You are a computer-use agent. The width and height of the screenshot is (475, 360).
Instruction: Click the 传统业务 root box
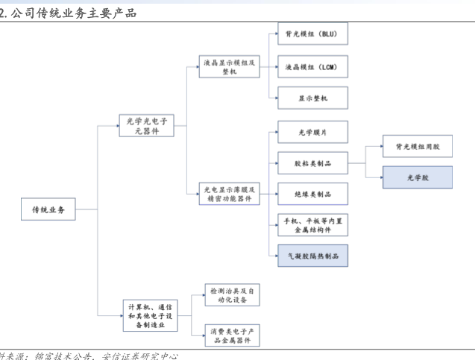click(48, 210)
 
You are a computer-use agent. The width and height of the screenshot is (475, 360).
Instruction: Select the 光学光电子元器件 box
click(146, 125)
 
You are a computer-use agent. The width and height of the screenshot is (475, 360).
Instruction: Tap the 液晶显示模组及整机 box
click(230, 67)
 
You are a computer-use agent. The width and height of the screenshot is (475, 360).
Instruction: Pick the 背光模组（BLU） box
click(312, 34)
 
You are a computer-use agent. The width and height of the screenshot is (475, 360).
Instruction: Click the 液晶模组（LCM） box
click(312, 67)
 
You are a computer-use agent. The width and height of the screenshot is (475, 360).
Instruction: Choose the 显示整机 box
click(312, 98)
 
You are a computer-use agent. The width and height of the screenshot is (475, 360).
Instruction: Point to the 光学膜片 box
click(312, 132)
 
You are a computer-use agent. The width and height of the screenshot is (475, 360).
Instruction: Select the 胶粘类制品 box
click(312, 162)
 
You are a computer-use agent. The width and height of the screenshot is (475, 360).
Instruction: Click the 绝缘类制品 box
click(312, 194)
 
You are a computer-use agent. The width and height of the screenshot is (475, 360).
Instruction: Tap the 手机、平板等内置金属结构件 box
click(312, 224)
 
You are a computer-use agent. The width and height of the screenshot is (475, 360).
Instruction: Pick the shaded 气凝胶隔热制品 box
click(312, 256)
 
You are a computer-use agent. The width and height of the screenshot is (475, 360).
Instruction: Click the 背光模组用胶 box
click(418, 147)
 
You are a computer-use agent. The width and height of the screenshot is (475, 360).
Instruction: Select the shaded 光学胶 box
click(418, 178)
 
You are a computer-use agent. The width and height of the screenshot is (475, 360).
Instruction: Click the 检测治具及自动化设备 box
click(233, 294)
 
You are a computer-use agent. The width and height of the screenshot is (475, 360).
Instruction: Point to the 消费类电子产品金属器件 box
click(233, 335)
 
